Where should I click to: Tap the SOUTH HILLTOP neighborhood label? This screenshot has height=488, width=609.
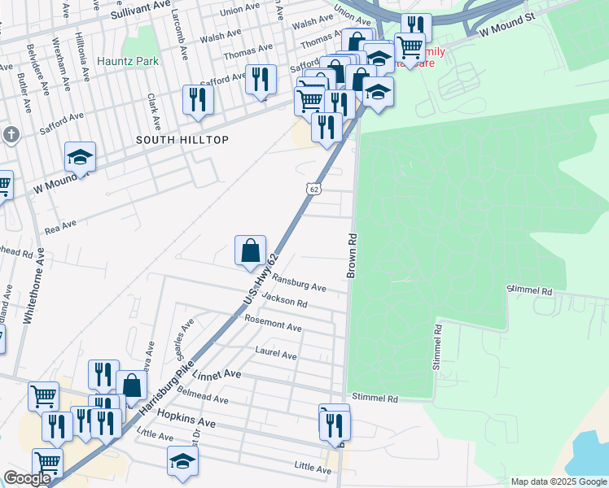[x=182, y=140]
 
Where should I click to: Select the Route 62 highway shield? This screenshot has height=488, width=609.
[x=314, y=189]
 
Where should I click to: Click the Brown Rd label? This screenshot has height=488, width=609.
[x=352, y=257]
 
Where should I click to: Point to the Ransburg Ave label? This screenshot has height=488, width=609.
[x=299, y=282]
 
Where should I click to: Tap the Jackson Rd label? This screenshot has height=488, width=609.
[x=285, y=301]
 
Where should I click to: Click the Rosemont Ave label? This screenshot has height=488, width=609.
[x=274, y=323]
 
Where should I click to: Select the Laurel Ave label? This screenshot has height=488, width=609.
[x=276, y=354]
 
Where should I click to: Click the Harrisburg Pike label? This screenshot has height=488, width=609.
[x=160, y=385]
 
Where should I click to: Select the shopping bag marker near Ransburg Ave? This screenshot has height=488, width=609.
[x=250, y=251]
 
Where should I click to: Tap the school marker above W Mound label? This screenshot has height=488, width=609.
[x=80, y=155]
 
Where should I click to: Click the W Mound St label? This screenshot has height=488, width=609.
[x=506, y=29]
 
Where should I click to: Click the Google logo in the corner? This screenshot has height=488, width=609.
[x=27, y=478]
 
